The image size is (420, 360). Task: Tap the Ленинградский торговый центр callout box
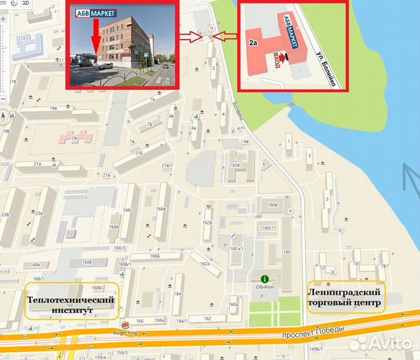click(345, 298)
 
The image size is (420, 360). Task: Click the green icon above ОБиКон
click(265, 278)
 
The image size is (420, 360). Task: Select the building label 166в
click(161, 209)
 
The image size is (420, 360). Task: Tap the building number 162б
click(208, 223)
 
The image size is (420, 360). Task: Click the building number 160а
click(233, 305)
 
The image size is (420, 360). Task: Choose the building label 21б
click(139, 153)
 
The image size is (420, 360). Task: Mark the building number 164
click(177, 293)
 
